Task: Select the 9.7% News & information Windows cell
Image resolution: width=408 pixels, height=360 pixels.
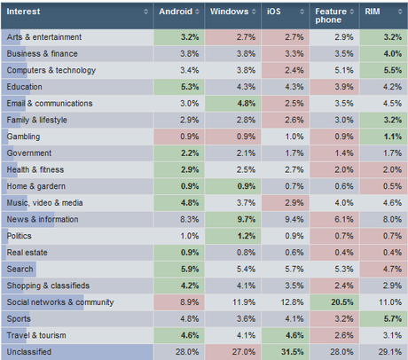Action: point(235,218)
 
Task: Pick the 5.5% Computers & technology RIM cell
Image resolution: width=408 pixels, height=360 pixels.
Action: point(382,70)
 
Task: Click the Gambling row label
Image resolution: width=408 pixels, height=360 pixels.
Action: point(23,137)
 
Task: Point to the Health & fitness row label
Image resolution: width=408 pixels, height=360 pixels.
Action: point(35,169)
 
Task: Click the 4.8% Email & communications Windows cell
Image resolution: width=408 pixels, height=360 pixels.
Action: point(235,103)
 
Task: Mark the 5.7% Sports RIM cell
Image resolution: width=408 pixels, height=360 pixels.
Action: point(382,318)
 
